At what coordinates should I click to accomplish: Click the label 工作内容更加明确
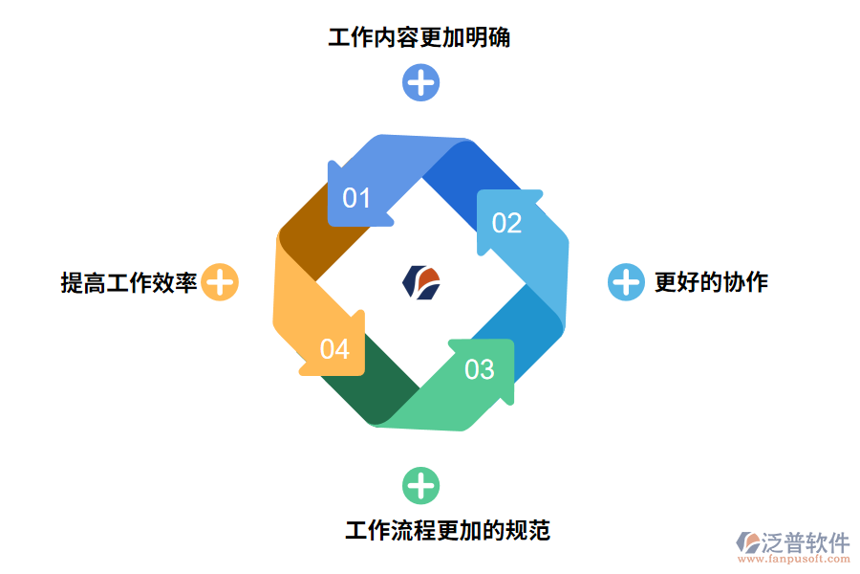pos(419,38)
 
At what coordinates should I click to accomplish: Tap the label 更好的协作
pos(711,282)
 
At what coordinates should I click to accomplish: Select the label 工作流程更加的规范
pos(447,530)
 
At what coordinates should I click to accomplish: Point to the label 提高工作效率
pos(129,283)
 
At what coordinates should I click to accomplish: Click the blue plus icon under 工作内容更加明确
pos(420,83)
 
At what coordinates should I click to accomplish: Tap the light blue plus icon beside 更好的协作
pos(626,282)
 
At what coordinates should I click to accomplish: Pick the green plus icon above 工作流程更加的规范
pos(420,486)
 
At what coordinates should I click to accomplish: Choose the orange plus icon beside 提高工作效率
pos(220,282)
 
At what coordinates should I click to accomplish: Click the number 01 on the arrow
pos(356,198)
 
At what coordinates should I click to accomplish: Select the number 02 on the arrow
pos(506,224)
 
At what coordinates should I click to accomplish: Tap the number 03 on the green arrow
pos(480,369)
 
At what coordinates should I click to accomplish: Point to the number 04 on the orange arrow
pos(334,349)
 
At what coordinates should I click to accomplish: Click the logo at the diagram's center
pos(421,281)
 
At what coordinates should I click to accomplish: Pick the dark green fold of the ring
pos(373,383)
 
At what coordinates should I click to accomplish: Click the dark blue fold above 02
pos(468,172)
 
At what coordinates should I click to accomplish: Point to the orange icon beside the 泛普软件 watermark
pos(747,543)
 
